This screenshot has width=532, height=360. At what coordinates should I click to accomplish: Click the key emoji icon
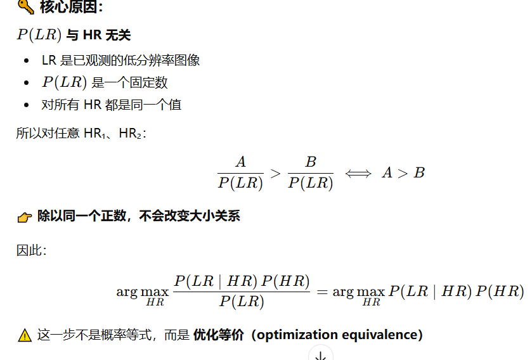pos(25,6)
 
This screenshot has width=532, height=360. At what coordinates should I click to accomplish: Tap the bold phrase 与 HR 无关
pos(98,35)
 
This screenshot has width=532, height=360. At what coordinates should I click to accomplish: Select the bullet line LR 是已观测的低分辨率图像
pos(120,60)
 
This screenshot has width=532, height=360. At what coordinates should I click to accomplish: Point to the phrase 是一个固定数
pos(129,82)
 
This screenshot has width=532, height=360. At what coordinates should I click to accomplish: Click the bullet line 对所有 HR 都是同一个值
pos(112,105)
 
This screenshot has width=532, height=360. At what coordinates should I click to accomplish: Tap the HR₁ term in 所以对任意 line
pos(94,133)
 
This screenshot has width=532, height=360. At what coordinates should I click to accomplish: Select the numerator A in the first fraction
pos(240,162)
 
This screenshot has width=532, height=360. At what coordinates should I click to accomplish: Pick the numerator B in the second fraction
pos(311,162)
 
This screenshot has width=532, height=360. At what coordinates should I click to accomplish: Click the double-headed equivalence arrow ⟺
pos(358,174)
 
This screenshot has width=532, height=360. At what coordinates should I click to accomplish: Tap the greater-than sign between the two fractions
pos(275,174)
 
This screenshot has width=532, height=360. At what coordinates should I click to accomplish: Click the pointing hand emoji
pos(25,217)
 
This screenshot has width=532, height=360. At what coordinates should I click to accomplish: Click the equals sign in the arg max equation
pos(321,292)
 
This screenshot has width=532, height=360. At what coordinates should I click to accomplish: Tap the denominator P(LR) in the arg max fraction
pos(241,301)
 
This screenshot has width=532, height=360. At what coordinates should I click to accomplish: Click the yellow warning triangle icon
pos(25,335)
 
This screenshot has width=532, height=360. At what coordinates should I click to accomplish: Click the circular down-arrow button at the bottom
pos(321,354)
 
